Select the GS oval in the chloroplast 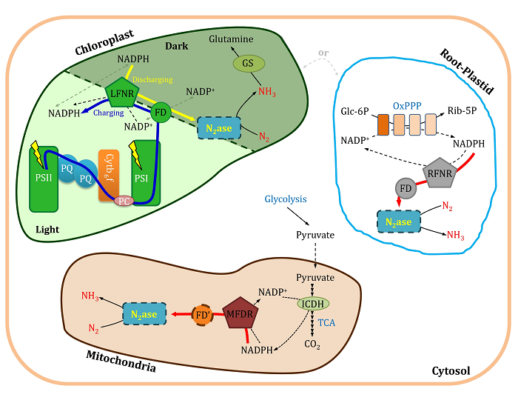click(x=249, y=64)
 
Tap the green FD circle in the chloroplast click(x=161, y=113)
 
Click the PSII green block click(x=41, y=179)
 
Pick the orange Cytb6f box click(x=110, y=175)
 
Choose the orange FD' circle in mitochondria click(x=203, y=314)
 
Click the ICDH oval click(x=314, y=303)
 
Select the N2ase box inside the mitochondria click(x=145, y=315)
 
